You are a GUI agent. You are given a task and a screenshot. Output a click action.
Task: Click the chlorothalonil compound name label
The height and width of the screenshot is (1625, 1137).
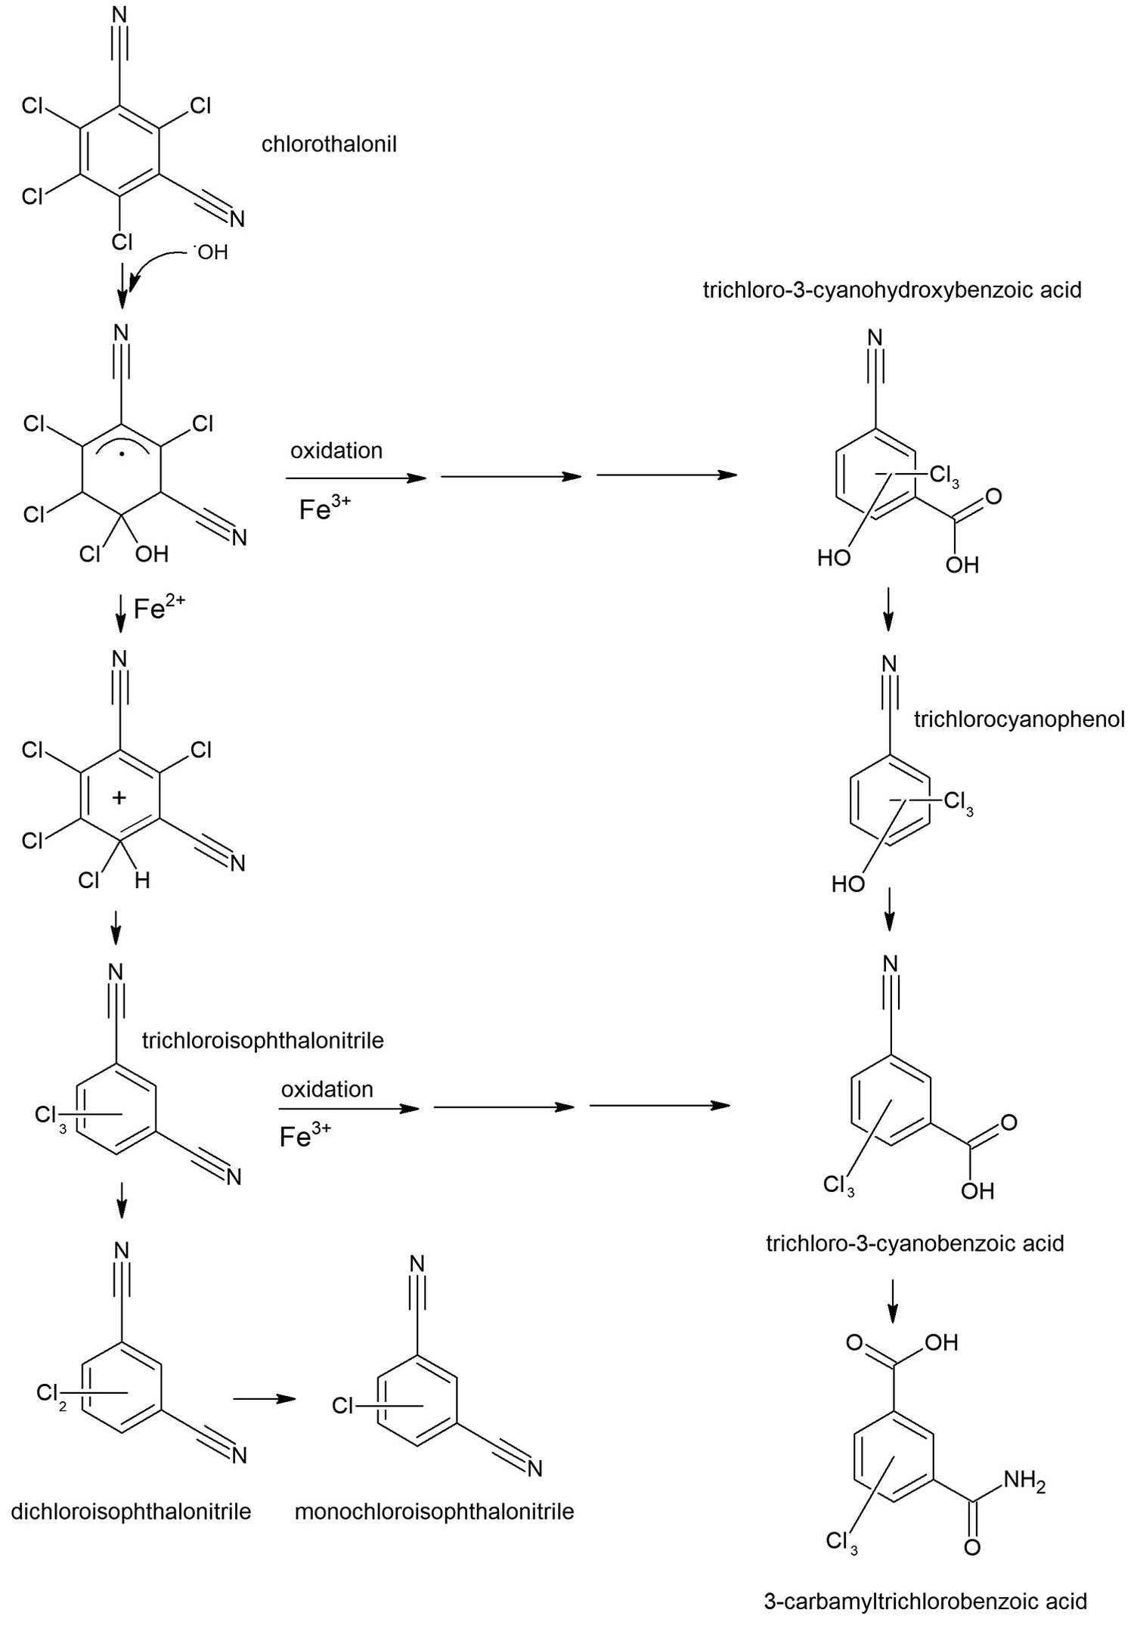point(329,144)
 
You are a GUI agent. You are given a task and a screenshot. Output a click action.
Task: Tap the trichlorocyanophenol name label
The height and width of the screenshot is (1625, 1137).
point(1019,719)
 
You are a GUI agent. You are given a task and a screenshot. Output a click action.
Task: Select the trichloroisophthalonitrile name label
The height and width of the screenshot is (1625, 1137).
point(263,1040)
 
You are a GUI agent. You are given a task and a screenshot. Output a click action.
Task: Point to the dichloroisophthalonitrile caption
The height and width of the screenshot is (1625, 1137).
point(131,1512)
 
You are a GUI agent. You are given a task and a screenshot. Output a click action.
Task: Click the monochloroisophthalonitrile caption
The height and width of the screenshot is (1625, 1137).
point(435,1512)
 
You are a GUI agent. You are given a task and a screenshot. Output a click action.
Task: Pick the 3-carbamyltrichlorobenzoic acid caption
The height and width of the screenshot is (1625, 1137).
point(925,1601)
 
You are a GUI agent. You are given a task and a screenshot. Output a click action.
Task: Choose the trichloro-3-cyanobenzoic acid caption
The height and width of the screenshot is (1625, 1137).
point(915,1243)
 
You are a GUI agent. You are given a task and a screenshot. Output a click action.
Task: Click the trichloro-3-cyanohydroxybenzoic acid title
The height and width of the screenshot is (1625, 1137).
point(892,289)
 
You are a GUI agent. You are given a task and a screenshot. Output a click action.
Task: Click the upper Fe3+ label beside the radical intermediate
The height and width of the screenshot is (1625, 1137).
point(324,508)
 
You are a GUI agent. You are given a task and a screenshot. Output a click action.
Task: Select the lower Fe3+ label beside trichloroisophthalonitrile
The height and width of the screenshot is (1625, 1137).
point(305,1135)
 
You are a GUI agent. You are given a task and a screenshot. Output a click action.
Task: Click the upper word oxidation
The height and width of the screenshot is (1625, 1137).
point(336,450)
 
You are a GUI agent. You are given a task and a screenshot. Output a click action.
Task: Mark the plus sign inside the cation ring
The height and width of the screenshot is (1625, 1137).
point(119,797)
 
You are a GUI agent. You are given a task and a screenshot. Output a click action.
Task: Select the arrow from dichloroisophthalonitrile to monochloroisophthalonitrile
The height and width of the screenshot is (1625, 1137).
point(264,1398)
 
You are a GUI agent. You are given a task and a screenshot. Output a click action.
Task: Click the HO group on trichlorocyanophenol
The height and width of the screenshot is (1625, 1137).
point(847,884)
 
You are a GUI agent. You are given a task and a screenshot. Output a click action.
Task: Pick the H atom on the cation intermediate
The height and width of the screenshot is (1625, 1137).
point(142,880)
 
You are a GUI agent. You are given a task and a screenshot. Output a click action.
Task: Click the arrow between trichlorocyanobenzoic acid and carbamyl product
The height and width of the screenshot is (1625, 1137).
point(893,1301)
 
